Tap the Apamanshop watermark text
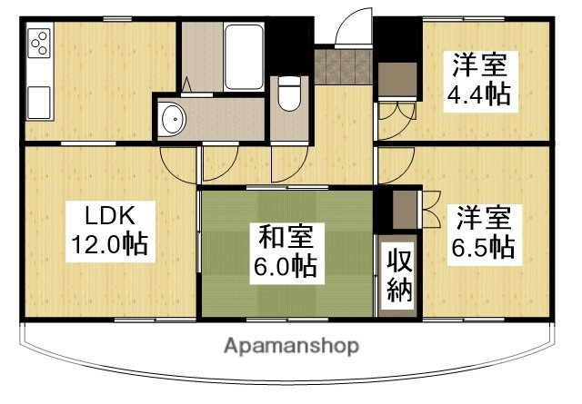[x=291, y=346]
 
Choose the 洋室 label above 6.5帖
[x=483, y=218]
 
